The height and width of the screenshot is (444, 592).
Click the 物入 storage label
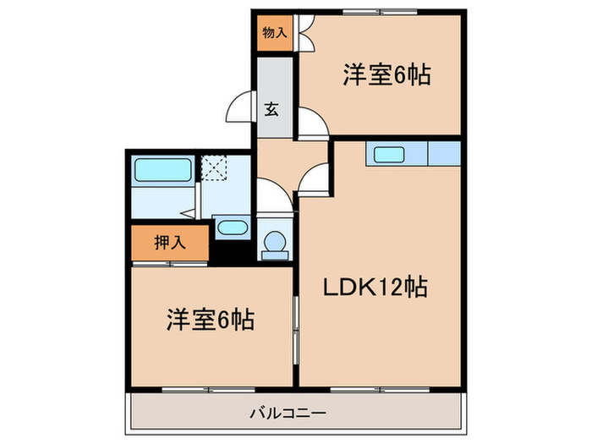click(273, 34)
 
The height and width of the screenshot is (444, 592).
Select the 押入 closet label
click(169, 244)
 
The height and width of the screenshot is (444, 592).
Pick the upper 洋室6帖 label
click(386, 76)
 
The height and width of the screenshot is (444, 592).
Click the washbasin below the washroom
click(230, 227)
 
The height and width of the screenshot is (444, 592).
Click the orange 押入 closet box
click(169, 244)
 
